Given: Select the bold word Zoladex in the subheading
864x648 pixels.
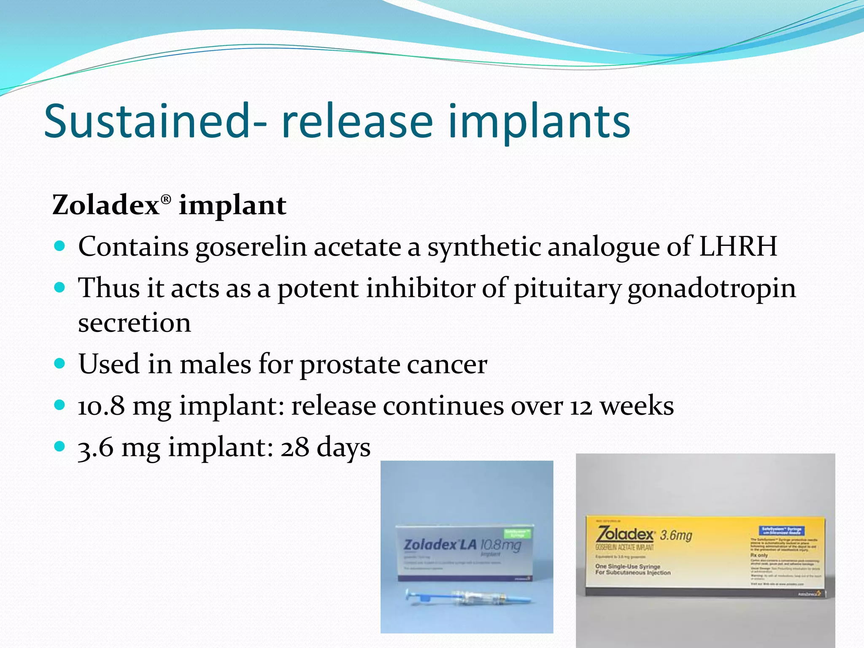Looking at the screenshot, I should click(x=105, y=205).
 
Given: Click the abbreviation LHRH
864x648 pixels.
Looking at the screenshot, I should click(x=738, y=246).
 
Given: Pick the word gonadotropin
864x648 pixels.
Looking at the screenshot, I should click(x=712, y=289).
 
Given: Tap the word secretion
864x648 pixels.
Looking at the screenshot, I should click(x=135, y=323).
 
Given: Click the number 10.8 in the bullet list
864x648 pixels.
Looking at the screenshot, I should click(x=102, y=406).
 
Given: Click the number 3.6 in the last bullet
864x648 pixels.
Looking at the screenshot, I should click(x=96, y=448).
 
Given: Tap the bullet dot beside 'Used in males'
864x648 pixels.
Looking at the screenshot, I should click(x=60, y=363).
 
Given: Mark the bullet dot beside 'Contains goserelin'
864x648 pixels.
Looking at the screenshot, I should click(x=60, y=246).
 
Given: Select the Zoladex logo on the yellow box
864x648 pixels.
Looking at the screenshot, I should click(x=625, y=535).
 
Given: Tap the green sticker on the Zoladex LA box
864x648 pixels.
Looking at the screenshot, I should click(x=517, y=533).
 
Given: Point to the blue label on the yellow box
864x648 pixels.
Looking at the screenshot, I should click(x=782, y=531).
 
